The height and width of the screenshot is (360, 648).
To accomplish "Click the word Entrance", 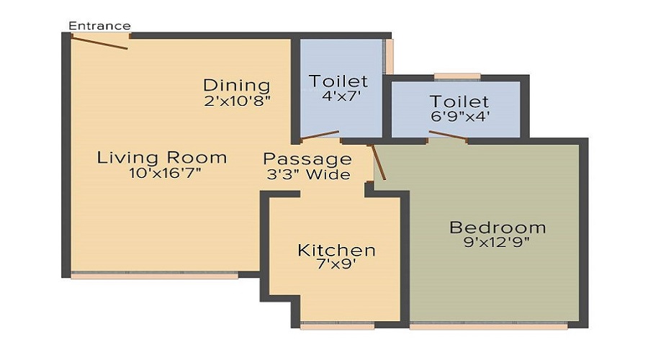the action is [99, 26].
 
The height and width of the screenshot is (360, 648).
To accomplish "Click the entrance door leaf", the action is [99, 42].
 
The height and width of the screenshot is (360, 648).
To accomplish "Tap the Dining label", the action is [237, 85].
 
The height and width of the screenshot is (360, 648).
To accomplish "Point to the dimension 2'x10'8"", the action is [237, 101].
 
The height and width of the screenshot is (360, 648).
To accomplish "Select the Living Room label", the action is [162, 158].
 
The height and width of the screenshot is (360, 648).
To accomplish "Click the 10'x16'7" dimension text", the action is [166, 173].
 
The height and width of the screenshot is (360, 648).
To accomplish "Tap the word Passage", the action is [307, 159].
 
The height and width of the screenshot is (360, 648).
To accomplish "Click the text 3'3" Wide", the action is [308, 174].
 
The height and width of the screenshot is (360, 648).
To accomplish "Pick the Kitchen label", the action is [336, 250].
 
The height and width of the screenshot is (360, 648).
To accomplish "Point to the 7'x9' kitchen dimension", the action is [336, 264].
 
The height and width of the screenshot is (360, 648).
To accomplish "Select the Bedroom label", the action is [498, 228].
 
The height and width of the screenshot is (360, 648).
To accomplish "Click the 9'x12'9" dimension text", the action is [497, 242].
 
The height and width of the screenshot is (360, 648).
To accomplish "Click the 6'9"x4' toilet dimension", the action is [460, 116].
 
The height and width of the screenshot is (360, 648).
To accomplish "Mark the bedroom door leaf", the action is [379, 162].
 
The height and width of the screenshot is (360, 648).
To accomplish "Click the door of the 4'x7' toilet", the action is [320, 135].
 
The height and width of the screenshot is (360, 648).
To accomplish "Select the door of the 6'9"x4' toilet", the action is [449, 135].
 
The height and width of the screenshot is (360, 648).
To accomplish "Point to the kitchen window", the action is [337, 325].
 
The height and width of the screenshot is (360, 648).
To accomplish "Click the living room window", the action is [155, 275].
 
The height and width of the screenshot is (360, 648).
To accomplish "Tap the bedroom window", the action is [489, 325].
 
